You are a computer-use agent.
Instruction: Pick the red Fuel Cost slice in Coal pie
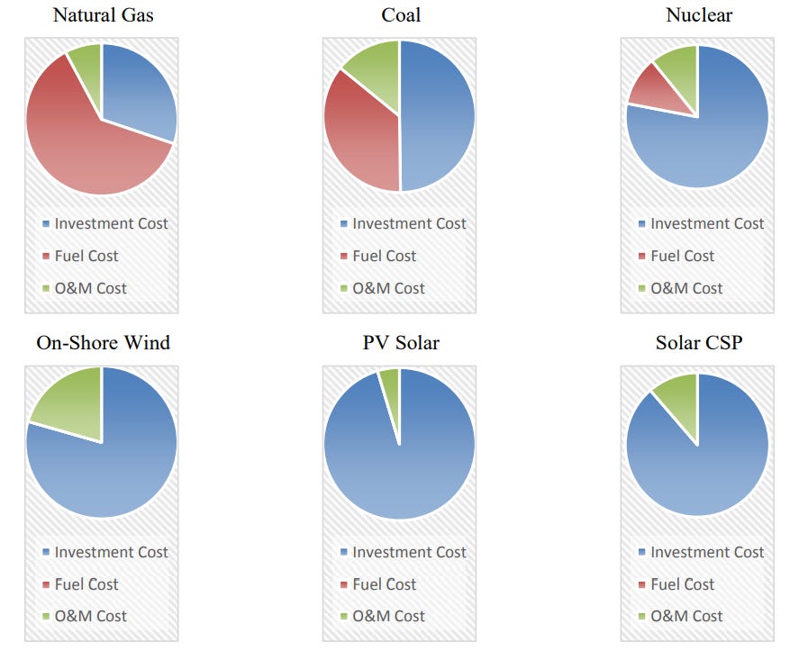tap(360, 135)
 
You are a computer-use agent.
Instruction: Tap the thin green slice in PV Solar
tap(390, 383)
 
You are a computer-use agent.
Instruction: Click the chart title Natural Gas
tap(102, 14)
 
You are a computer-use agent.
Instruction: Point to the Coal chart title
tap(400, 14)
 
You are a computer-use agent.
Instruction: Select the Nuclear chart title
tap(698, 14)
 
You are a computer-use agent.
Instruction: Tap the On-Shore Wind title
tap(102, 343)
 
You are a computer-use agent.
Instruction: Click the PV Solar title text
tap(400, 343)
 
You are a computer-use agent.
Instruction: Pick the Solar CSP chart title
tap(698, 343)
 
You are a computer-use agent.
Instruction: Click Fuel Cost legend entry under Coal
tap(384, 256)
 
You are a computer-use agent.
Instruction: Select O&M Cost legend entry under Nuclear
tap(686, 288)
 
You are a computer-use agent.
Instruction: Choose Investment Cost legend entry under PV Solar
tap(409, 552)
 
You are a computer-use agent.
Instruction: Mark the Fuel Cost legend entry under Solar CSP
tap(682, 584)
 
